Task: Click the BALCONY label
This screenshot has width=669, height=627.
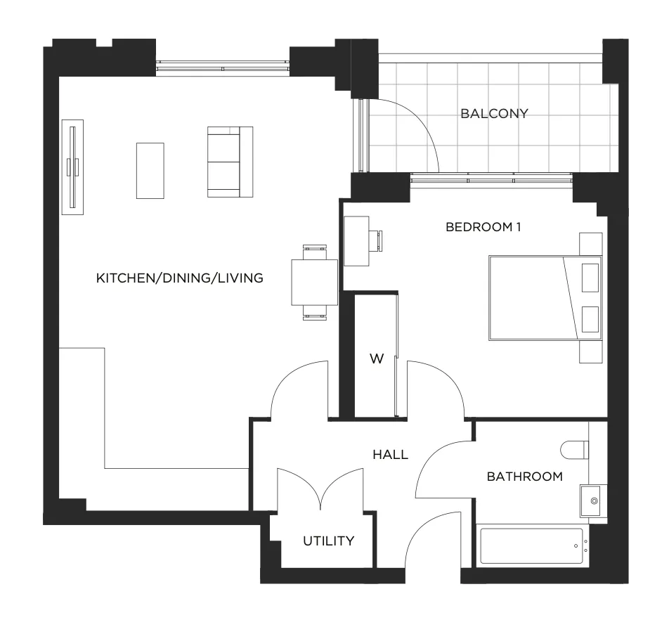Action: point(495,114)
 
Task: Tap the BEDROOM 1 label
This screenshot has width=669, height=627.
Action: point(483,227)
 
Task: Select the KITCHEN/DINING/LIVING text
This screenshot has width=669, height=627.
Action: point(180,278)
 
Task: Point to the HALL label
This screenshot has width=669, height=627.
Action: point(391,455)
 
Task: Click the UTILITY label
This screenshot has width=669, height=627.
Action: point(329,541)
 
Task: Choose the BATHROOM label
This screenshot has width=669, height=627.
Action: point(525,477)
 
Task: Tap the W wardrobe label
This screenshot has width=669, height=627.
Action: point(377,359)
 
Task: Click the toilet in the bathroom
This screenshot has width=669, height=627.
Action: point(575,450)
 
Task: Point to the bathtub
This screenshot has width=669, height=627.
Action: point(531,546)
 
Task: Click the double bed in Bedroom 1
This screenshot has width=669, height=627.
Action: point(545,298)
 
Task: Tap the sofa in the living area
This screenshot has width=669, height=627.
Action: point(230,162)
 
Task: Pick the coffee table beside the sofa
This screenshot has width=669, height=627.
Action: point(150,171)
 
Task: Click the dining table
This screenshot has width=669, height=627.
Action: point(314,282)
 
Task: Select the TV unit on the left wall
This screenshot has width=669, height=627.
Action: point(72,167)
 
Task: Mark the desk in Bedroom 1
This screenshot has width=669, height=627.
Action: point(356,241)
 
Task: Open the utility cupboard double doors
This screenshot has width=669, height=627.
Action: point(320,489)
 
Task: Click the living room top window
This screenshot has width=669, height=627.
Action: point(223,68)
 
